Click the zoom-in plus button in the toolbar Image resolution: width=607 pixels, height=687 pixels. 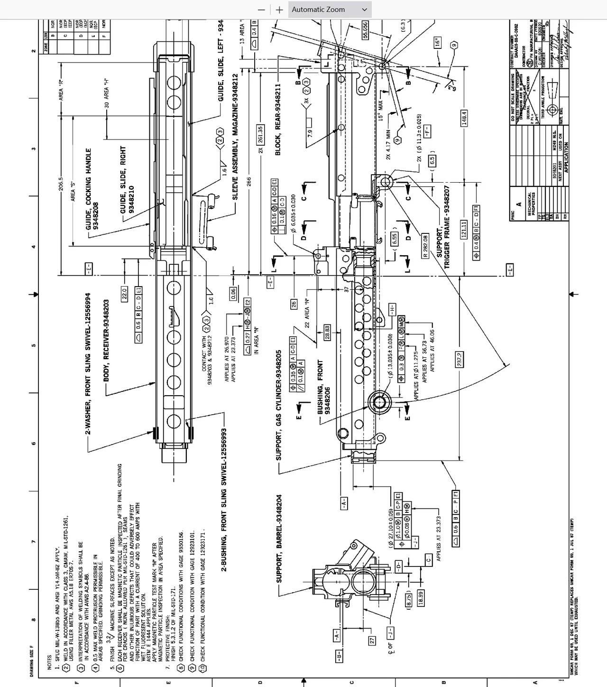[279, 9]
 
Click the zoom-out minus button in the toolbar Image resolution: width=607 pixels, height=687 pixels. [261, 9]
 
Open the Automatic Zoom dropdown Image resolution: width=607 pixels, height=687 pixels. [330, 9]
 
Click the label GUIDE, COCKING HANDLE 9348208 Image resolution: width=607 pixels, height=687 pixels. [92, 190]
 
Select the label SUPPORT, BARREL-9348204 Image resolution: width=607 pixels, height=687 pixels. [279, 538]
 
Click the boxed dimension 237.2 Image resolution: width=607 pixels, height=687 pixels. [459, 359]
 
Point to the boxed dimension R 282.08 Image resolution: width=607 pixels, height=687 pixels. [425, 246]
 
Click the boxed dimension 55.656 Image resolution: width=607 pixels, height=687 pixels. [365, 30]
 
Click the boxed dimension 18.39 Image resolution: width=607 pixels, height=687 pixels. [420, 597]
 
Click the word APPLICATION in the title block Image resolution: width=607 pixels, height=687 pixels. [566, 158]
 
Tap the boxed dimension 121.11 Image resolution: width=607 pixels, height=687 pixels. [464, 230]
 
